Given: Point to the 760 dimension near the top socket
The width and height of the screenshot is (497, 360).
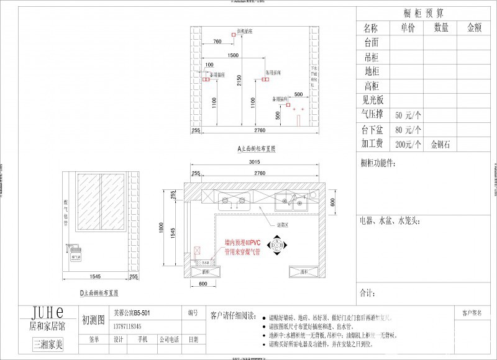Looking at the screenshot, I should [217, 41].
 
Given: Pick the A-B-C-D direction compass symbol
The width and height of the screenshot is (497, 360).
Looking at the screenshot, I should [276, 246].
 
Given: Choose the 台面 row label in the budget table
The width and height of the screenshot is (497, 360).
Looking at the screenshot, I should [372, 43].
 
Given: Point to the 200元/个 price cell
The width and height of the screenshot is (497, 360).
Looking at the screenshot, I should [408, 145].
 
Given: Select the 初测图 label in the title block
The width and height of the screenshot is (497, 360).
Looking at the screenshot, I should [93, 320].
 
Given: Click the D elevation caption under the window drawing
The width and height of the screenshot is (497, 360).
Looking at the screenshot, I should [99, 291].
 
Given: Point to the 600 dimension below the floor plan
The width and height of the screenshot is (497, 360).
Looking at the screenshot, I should [203, 284].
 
